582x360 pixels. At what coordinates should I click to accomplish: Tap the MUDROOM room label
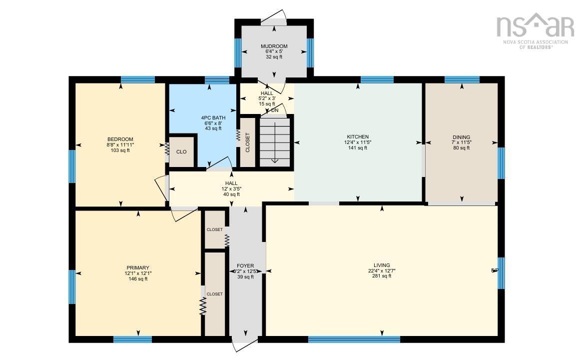(x=274, y=46)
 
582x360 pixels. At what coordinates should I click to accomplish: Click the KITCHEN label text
(x=358, y=136)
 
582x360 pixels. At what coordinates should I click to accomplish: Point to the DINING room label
(x=461, y=137)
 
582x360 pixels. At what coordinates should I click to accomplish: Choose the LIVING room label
(x=382, y=265)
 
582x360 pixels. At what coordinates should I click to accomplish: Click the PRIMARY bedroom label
(x=137, y=268)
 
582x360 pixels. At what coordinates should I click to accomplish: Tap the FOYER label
(x=245, y=266)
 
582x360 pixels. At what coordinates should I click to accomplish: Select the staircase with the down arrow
(x=275, y=141)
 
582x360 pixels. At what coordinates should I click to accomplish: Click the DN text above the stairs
(x=275, y=110)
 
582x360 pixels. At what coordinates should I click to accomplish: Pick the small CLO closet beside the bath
(x=181, y=151)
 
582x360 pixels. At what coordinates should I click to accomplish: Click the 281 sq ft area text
(x=382, y=276)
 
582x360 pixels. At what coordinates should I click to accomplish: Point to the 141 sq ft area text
(x=358, y=148)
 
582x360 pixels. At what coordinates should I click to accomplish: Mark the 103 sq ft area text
(x=120, y=150)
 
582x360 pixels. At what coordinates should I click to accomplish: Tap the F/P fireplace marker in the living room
(x=494, y=270)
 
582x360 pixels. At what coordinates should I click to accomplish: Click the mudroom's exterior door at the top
(x=273, y=20)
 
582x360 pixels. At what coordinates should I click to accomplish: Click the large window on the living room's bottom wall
(x=354, y=339)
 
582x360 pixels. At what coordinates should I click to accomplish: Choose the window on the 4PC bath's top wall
(x=217, y=79)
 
